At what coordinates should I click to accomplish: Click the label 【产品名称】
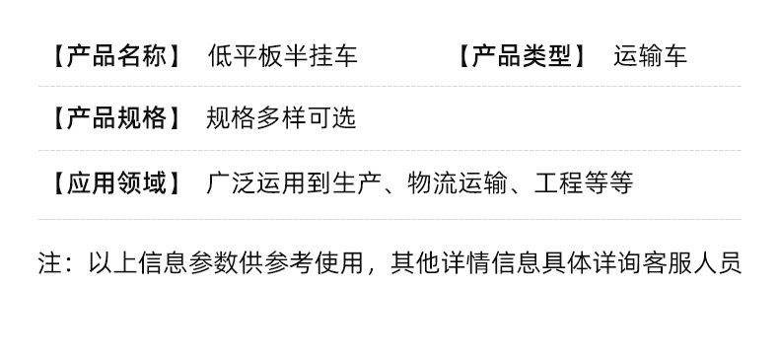116,55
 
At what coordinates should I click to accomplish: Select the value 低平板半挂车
283,55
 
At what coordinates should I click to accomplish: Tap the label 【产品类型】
523,55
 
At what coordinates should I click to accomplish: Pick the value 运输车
651,55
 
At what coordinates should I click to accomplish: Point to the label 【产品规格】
116,118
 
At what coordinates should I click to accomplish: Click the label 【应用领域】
116,183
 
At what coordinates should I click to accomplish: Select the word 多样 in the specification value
281,118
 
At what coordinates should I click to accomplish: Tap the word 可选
331,118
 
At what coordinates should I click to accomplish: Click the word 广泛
232,183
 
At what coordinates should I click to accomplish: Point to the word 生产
357,183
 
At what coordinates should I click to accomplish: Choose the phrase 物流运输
458,183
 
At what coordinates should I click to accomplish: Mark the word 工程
559,183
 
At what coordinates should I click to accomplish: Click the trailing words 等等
608,183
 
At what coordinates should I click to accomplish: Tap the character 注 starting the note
50,262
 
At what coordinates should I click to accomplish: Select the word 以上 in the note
113,262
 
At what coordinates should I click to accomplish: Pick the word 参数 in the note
214,262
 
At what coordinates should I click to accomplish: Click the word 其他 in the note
415,262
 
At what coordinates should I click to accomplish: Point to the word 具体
566,262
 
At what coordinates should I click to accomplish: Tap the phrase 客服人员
691,262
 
